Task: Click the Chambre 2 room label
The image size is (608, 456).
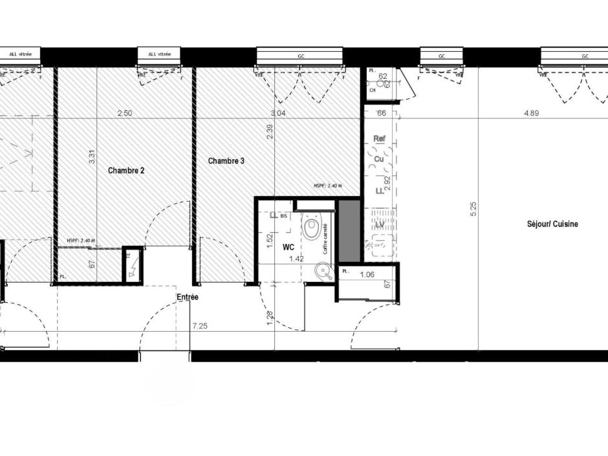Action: [126, 171]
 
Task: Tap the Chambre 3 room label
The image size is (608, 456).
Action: [226, 160]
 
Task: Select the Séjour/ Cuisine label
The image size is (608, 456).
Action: [552, 224]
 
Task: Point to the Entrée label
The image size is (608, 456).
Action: [188, 297]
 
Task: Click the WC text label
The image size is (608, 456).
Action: [288, 246]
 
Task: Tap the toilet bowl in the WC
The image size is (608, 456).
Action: [312, 228]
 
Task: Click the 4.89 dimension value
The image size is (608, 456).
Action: [532, 113]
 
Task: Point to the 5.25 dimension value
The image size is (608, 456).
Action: [473, 209]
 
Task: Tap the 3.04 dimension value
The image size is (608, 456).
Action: [277, 113]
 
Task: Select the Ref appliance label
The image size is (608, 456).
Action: [380, 138]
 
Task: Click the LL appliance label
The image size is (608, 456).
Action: [380, 190]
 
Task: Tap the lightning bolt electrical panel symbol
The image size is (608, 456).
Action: [133, 265]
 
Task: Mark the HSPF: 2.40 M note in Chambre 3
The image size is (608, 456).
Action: [327, 186]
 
